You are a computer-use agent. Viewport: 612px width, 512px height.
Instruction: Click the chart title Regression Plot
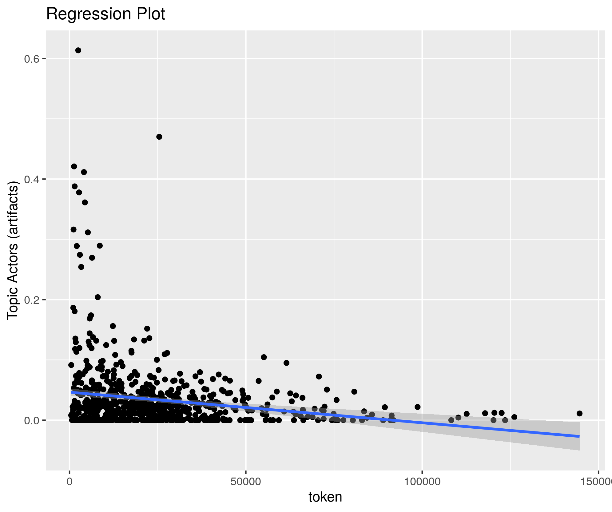(x=105, y=14)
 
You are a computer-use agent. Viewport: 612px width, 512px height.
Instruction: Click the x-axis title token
(x=325, y=497)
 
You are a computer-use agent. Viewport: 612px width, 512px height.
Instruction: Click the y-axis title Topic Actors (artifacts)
(x=14, y=251)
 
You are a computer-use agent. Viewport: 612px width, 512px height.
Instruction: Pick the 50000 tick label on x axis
(x=246, y=482)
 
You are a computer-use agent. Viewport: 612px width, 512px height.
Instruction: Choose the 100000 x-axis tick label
(x=422, y=482)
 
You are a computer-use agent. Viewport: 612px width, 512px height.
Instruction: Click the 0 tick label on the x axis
(x=70, y=482)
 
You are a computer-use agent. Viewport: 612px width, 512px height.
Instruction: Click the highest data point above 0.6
(x=78, y=50)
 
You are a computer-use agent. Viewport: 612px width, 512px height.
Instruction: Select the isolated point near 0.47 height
(x=159, y=137)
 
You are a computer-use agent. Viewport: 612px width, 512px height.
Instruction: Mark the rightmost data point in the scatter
(x=579, y=413)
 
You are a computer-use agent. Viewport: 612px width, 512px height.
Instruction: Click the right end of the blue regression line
(x=579, y=436)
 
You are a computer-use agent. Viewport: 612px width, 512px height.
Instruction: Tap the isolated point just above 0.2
(x=98, y=297)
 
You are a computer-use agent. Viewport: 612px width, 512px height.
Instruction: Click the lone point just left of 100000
(x=417, y=407)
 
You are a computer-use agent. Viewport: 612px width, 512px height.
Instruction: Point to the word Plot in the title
(x=151, y=14)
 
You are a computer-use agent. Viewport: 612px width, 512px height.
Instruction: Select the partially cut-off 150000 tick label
(x=600, y=482)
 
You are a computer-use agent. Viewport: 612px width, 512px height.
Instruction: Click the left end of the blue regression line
(x=72, y=392)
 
